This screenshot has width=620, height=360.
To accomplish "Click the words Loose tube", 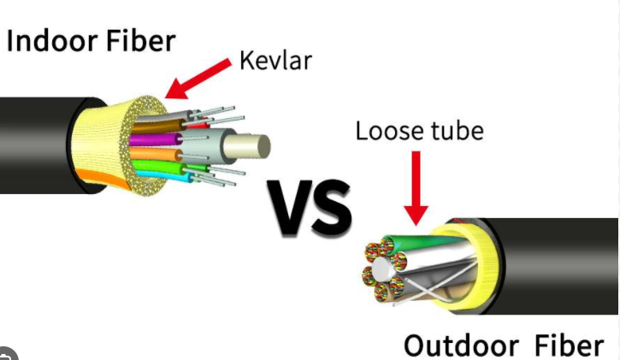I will (419, 131).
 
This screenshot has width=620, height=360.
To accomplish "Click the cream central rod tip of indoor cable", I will (257, 146).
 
